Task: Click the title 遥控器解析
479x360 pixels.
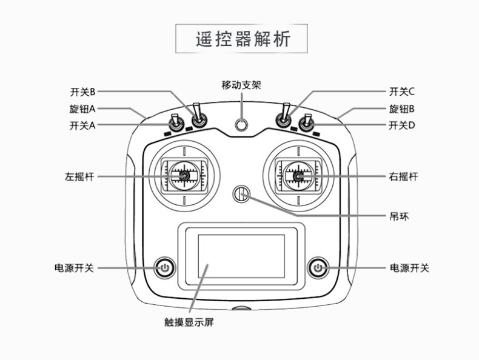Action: (x=243, y=39)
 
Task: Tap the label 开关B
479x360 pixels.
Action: (x=82, y=92)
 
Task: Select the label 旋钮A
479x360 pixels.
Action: (x=82, y=108)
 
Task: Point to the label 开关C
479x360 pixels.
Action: (x=402, y=92)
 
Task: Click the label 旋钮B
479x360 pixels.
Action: (x=402, y=108)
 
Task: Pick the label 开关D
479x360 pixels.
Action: (x=402, y=125)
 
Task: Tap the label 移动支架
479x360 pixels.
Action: (x=241, y=85)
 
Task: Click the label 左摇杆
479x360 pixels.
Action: (x=79, y=176)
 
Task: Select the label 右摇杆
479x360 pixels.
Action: (x=403, y=176)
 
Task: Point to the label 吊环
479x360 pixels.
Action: (x=399, y=217)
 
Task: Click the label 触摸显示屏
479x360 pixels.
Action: (x=189, y=322)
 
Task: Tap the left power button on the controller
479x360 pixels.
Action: (x=164, y=268)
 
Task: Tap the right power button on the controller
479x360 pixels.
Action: (x=318, y=268)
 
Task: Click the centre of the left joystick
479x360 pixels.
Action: (x=184, y=176)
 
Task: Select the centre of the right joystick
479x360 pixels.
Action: (x=298, y=176)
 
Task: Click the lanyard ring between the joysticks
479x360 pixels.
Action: (x=241, y=194)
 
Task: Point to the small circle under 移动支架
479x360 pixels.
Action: (x=241, y=124)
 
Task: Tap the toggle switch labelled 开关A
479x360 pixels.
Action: (x=176, y=123)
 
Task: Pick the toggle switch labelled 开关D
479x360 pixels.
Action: (x=307, y=123)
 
